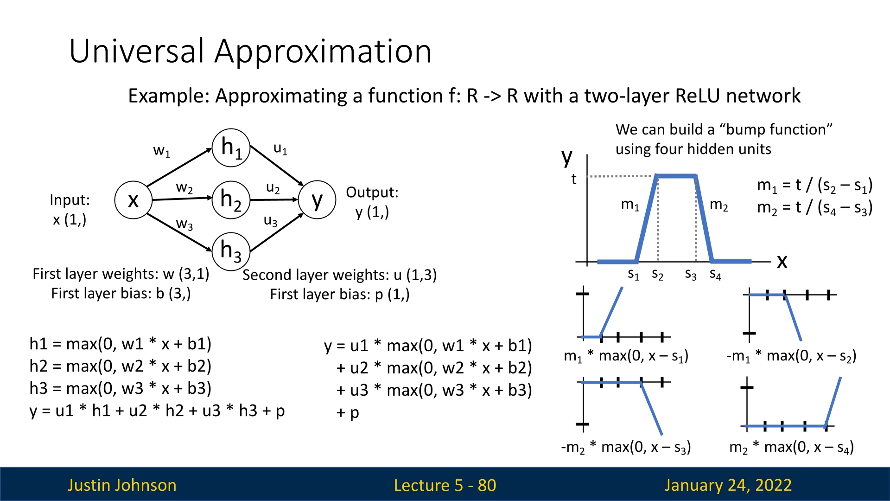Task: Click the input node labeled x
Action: point(133,200)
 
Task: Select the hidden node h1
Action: point(231,148)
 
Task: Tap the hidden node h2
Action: point(231,200)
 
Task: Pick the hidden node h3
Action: point(231,251)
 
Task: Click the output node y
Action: point(317,200)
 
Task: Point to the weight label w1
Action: point(162,151)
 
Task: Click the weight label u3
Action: point(271,220)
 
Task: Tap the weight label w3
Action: point(184,224)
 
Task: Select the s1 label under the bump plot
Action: point(634,275)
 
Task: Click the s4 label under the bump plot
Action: point(716,275)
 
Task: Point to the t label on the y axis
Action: point(574,179)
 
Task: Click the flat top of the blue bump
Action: point(676,176)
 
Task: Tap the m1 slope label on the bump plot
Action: point(630,205)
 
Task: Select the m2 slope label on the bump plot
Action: point(719,205)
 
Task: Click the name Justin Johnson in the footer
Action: point(122,485)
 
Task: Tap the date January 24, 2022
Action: point(728,485)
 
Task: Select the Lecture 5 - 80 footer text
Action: point(445,485)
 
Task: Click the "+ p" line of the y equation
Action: point(348,413)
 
